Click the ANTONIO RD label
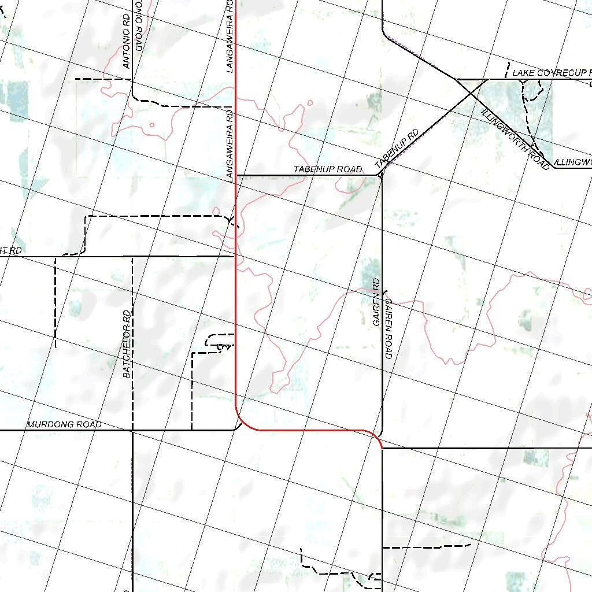[127, 41]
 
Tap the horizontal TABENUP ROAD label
[327, 169]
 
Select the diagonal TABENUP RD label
[397, 149]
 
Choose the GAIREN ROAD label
[388, 328]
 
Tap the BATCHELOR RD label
[127, 344]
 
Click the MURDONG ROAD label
[64, 424]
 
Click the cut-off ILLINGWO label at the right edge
[572, 162]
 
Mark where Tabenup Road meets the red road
[236, 175]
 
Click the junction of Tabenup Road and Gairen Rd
[382, 175]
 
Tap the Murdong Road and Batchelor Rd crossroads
[132, 430]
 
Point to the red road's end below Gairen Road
[382, 447]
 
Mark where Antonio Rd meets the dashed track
[132, 79]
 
